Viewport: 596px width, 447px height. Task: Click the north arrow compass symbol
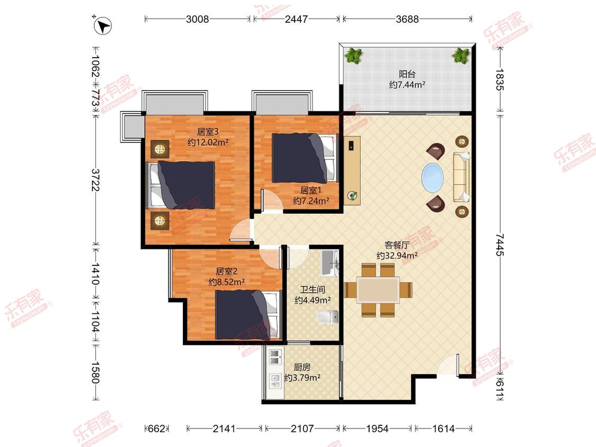102,25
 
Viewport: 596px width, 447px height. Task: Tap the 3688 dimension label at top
407,19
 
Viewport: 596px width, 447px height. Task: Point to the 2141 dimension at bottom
224,428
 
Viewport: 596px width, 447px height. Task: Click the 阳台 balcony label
407,74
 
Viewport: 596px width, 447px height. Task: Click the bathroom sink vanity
330,263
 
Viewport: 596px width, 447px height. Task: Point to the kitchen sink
274,381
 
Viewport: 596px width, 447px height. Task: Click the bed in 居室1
305,158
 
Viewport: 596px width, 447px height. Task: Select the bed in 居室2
248,315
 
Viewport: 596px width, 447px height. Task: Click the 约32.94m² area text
397,255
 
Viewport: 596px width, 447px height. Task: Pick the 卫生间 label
313,290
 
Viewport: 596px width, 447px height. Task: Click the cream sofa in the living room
461,177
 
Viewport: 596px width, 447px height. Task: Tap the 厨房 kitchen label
302,367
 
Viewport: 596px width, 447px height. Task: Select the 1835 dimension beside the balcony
500,79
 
